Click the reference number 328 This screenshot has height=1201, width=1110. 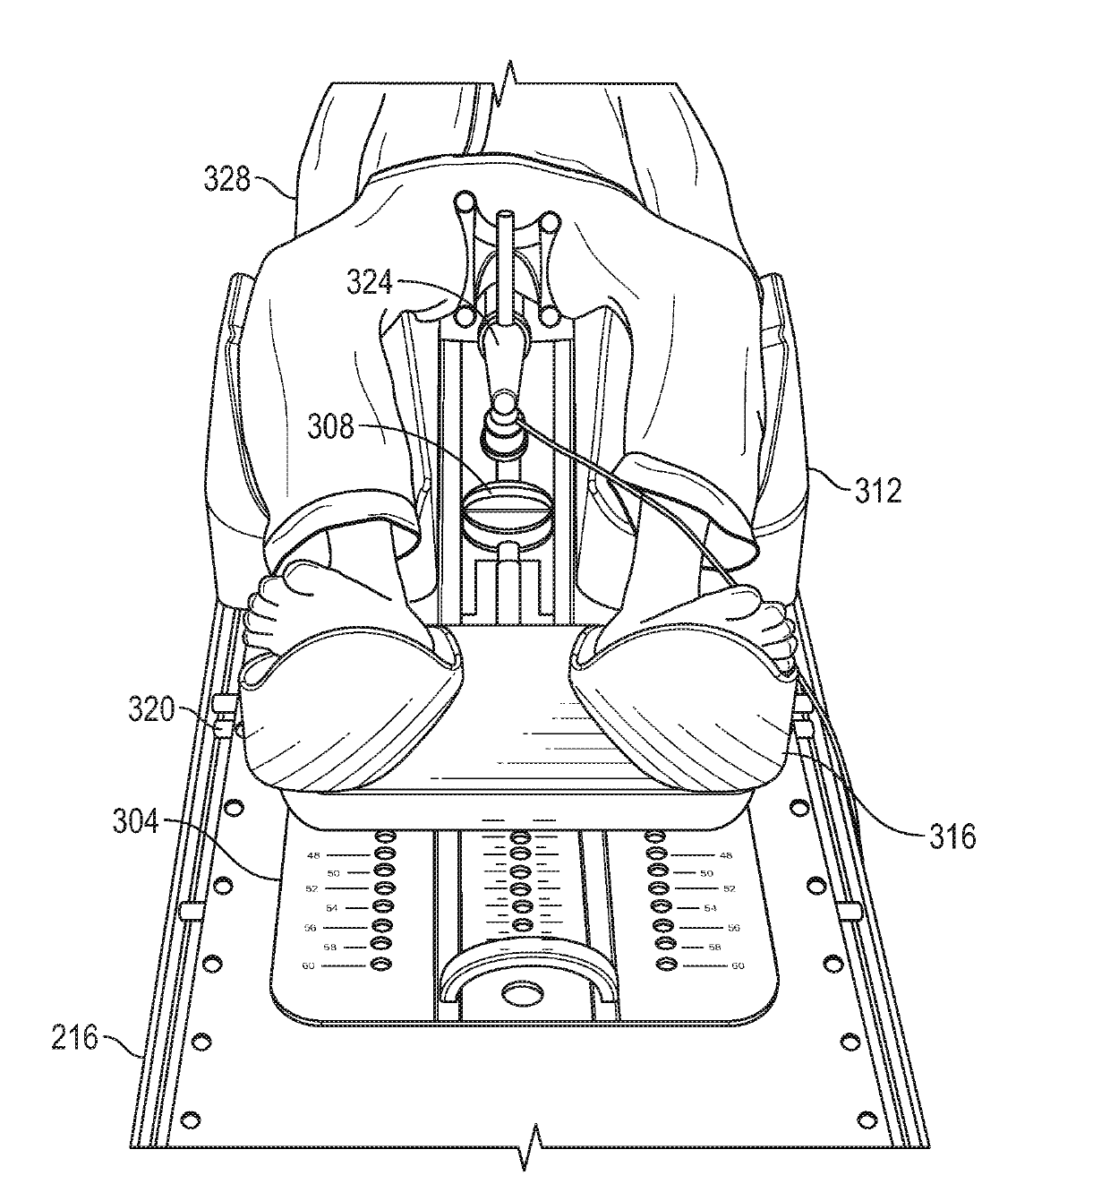coord(226,179)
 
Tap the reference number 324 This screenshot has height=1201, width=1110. coord(370,282)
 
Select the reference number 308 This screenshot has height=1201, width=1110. coord(330,426)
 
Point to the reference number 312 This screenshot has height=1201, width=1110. coord(878,491)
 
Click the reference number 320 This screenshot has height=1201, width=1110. coord(151,709)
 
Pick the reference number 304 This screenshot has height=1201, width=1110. coord(135,822)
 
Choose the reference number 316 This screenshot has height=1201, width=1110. coord(952,837)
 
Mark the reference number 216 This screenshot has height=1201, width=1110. coord(74,1038)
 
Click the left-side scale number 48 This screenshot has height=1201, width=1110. coord(314,855)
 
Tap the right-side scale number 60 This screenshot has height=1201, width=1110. coord(738,966)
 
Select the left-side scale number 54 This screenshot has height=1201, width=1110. coord(331,908)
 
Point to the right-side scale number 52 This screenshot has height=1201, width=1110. coord(730,889)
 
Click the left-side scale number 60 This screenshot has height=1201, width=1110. coord(308,966)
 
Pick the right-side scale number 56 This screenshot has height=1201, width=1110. coord(734,928)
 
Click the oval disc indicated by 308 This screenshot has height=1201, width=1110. coord(508,503)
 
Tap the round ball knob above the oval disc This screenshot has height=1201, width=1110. coord(504,401)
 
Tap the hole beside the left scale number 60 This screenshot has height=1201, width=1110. coord(380,964)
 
